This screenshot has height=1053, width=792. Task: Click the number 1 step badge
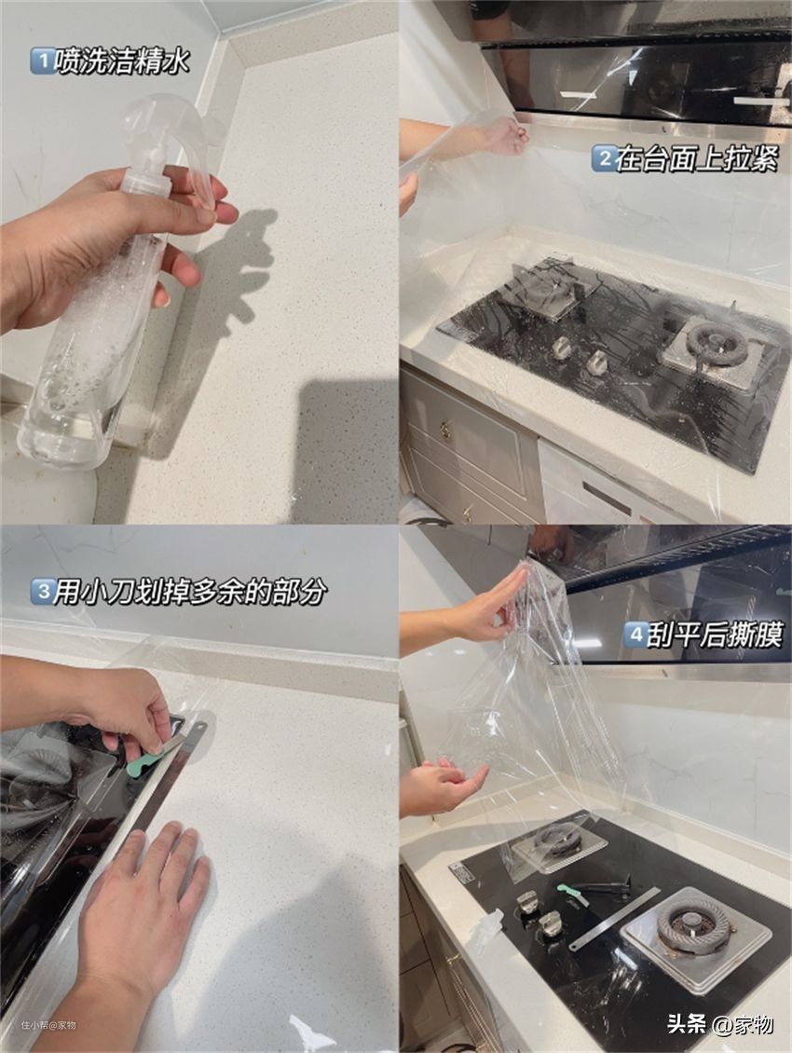point(42,62)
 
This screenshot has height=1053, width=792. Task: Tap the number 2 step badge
point(604,159)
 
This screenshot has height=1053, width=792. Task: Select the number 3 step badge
point(42,592)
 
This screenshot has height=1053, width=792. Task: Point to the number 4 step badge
point(635,635)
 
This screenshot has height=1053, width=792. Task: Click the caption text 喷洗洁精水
point(123,62)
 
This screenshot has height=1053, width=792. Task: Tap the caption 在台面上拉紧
point(697,159)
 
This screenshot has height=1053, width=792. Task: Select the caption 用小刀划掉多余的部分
point(191,592)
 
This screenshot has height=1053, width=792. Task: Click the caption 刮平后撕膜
point(715,635)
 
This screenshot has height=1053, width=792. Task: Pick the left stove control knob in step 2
point(562,347)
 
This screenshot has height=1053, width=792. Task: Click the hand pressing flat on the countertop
point(141,893)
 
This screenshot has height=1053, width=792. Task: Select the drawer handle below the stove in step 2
point(445,430)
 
